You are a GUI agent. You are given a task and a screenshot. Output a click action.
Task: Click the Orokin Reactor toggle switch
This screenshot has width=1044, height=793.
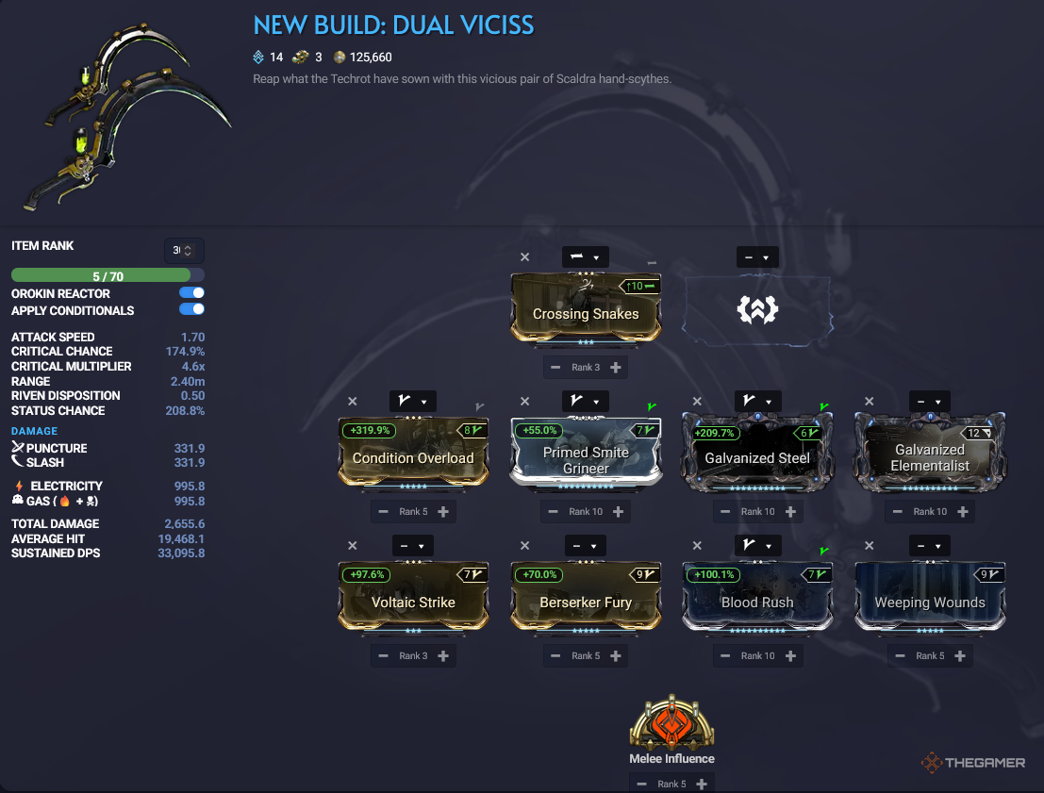pyautogui.click(x=191, y=293)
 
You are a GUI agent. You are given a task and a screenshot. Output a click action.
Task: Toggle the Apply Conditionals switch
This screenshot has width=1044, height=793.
pyautogui.click(x=191, y=309)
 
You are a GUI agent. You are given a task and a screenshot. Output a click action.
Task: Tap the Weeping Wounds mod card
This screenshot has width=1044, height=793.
pyautogui.click(x=930, y=597)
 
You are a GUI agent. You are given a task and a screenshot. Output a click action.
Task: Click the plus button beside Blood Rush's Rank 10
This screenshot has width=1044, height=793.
pyautogui.click(x=790, y=656)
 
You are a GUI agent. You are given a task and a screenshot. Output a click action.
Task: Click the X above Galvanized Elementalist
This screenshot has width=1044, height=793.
pyautogui.click(x=869, y=402)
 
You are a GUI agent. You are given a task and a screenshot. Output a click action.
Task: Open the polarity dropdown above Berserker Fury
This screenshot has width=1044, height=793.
pyautogui.click(x=586, y=546)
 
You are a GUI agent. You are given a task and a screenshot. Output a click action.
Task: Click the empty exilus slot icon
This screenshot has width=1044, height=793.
pyautogui.click(x=757, y=309)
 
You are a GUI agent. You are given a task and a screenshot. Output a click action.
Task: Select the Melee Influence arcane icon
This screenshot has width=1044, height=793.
pyautogui.click(x=671, y=721)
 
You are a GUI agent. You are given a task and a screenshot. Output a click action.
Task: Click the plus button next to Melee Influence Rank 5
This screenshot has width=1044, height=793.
pyautogui.click(x=702, y=785)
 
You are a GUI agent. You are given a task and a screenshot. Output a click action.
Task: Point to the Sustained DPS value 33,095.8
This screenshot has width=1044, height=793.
pyautogui.click(x=181, y=553)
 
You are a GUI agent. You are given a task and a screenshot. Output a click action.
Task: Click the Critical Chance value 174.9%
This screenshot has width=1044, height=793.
pyautogui.click(x=185, y=352)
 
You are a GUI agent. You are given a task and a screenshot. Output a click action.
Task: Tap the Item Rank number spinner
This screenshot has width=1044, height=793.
pyautogui.click(x=184, y=251)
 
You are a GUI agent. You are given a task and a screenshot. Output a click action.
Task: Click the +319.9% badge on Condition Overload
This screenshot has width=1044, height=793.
pyautogui.click(x=370, y=431)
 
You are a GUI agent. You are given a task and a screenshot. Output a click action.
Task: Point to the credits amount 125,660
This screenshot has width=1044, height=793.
pyautogui.click(x=371, y=58)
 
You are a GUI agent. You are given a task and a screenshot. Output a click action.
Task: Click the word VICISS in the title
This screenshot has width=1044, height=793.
pyautogui.click(x=497, y=25)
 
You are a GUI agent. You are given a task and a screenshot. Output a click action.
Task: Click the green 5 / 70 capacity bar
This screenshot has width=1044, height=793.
pyautogui.click(x=101, y=275)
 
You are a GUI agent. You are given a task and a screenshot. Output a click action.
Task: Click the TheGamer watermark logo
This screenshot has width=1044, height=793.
pyautogui.click(x=973, y=763)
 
